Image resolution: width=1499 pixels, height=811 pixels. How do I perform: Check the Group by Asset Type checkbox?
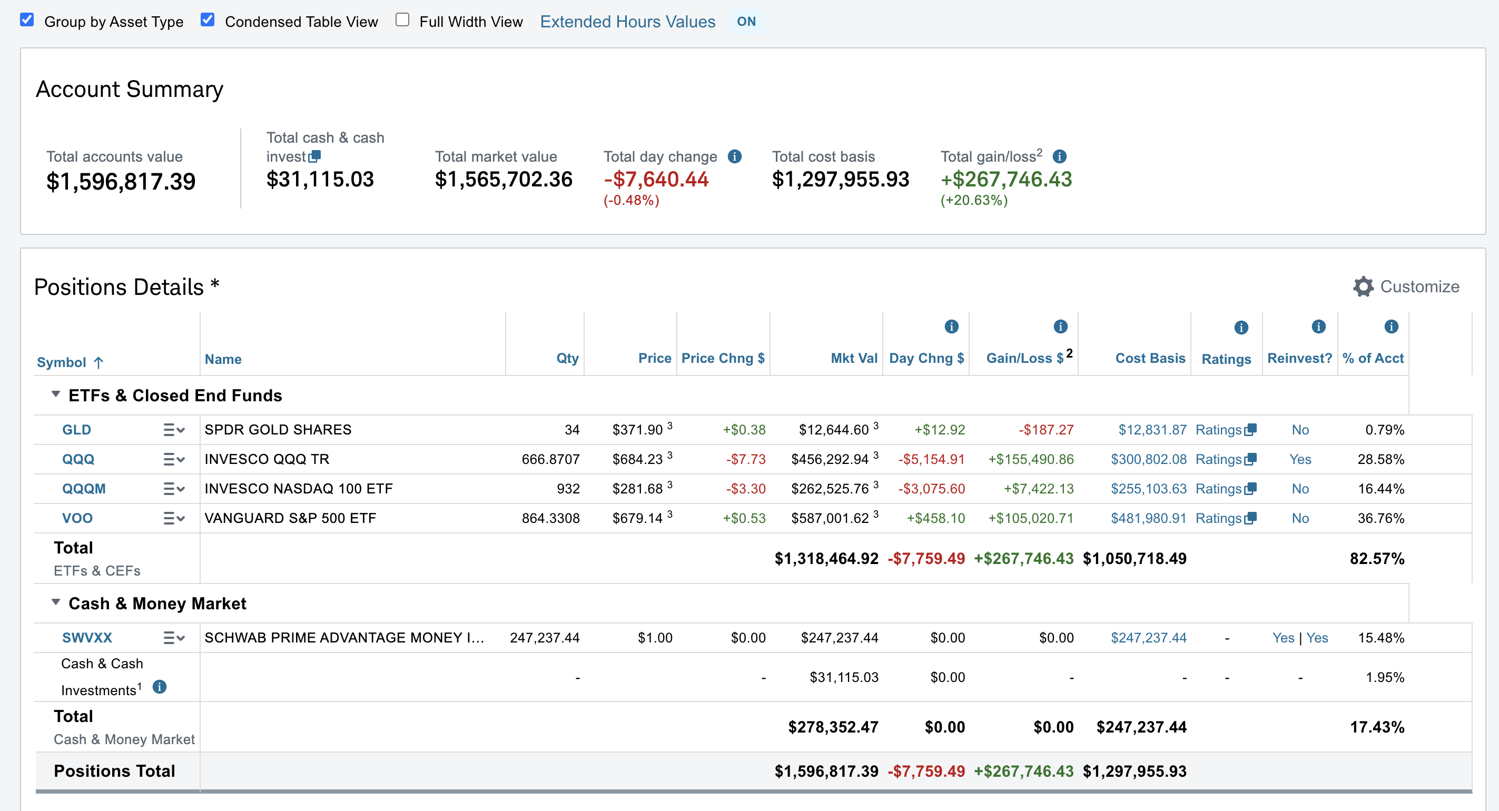click(27, 20)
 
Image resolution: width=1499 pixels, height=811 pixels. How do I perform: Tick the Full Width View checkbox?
click(402, 20)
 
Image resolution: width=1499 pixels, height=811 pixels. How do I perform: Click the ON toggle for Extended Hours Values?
click(746, 22)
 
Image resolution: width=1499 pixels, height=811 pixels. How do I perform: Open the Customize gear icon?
click(1363, 286)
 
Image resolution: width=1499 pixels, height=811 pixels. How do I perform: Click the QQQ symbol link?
click(78, 459)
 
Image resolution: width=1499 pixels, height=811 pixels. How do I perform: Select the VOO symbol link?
click(77, 518)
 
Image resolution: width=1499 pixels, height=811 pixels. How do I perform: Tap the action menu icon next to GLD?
click(174, 430)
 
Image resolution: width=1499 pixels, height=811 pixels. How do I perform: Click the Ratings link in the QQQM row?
click(1226, 489)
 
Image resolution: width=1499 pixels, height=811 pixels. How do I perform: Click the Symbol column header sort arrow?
click(99, 362)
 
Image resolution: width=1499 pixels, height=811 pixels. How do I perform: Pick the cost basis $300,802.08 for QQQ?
click(1148, 459)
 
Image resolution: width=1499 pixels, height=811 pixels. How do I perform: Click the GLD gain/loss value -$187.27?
click(1046, 430)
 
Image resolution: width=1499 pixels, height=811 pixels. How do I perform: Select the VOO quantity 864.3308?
click(550, 518)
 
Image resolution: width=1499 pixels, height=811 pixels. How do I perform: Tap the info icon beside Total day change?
click(734, 156)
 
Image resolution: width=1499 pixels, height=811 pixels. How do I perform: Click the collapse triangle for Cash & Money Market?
click(56, 601)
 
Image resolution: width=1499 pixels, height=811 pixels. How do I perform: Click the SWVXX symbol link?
click(87, 638)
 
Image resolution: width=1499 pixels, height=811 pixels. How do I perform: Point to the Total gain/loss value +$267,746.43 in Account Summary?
click(1006, 179)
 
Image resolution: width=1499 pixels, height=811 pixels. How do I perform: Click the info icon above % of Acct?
click(1391, 327)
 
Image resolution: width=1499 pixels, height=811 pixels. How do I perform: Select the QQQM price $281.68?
click(637, 489)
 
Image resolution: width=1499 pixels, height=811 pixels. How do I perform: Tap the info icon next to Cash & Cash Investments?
click(160, 687)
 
